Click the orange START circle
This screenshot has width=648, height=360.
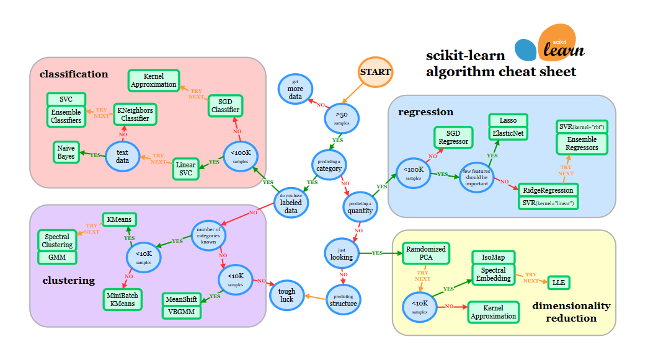click(376, 72)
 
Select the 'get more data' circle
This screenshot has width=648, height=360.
click(295, 89)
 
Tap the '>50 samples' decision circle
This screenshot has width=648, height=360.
click(342, 118)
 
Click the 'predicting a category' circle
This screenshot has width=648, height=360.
click(329, 165)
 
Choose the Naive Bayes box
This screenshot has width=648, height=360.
click(66, 152)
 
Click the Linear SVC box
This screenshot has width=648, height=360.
click(185, 169)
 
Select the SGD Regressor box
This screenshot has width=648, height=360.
click(453, 137)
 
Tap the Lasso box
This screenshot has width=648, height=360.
click(508, 120)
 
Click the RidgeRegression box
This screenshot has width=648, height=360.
click(548, 190)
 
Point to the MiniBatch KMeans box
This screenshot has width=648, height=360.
click(122, 300)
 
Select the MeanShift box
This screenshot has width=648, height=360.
click(182, 299)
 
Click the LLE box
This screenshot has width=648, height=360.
click(559, 283)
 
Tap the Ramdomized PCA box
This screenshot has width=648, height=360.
click(425, 253)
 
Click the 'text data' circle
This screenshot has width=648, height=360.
click(122, 156)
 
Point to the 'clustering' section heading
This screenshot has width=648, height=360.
click(68, 281)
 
